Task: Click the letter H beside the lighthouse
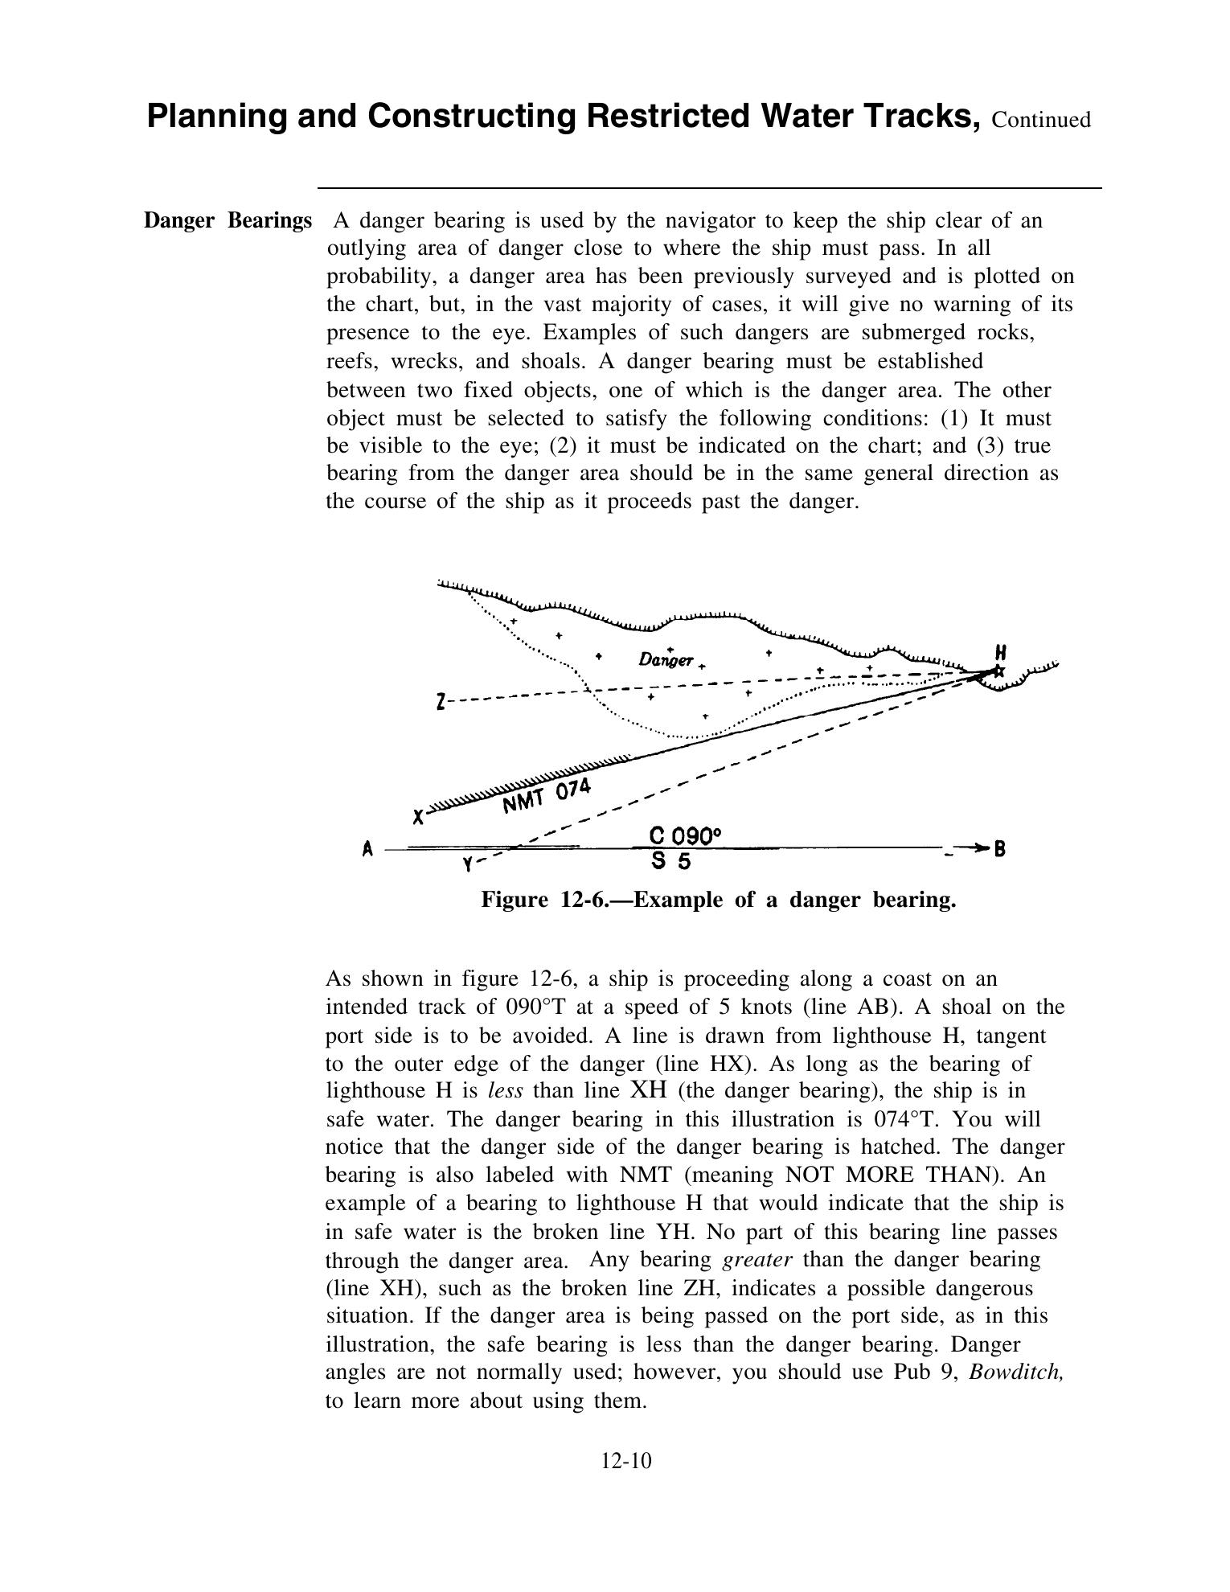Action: pos(1001,652)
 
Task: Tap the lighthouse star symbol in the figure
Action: pos(998,671)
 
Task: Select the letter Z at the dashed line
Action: pos(441,702)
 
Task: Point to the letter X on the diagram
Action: pos(418,818)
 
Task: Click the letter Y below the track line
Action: pos(468,865)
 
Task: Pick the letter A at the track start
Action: pos(368,849)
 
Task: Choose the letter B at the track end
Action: pos(1000,848)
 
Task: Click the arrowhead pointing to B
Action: pos(978,847)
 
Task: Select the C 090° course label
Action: pos(684,837)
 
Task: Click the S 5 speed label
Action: pos(671,862)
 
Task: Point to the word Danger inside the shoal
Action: pos(665,660)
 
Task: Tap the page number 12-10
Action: pos(625,1460)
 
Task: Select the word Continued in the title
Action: pos(1041,120)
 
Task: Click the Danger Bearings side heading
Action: pos(228,220)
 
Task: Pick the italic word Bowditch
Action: pos(1016,1372)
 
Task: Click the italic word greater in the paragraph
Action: pos(757,1259)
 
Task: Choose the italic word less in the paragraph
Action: pos(506,1091)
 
